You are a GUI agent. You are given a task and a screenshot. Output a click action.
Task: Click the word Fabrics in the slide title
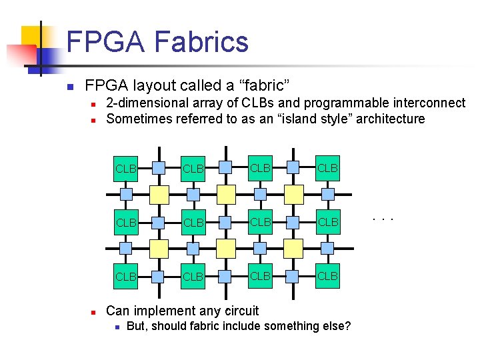tap(201, 42)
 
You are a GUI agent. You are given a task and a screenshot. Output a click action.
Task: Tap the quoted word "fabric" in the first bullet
tap(266, 86)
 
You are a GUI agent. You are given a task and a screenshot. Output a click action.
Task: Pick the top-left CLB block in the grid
tap(125, 168)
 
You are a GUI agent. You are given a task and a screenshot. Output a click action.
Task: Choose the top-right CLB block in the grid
tap(327, 168)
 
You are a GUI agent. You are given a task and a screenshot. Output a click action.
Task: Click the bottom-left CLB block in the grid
tap(125, 275)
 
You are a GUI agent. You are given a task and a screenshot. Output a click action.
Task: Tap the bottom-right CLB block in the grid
tap(327, 275)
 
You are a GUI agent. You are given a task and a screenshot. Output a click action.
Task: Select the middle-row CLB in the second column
tap(193, 222)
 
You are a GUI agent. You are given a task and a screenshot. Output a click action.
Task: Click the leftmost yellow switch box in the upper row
tap(159, 194)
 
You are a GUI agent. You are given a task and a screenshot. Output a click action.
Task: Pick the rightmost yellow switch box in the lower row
tap(293, 248)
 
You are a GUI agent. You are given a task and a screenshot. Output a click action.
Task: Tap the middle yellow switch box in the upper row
tap(226, 194)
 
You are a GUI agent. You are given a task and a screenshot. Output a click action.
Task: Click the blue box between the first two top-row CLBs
tap(159, 168)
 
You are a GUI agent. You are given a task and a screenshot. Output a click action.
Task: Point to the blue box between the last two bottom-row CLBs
tap(293, 275)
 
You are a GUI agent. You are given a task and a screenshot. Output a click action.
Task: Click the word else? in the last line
tap(337, 326)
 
